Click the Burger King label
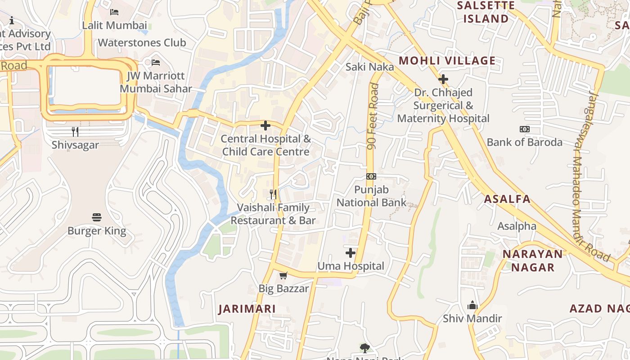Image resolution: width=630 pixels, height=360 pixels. [x=97, y=231]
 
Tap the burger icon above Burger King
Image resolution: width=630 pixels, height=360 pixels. [x=97, y=217]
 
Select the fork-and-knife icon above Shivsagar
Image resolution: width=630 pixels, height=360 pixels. [x=75, y=131]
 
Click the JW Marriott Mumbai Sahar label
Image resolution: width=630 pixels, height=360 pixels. [x=156, y=82]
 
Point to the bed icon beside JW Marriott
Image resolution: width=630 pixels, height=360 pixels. [x=156, y=62]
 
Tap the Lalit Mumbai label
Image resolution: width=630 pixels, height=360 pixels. [x=114, y=25]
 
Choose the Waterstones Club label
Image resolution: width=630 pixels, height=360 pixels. [x=142, y=43]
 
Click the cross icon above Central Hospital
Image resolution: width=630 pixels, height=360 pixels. [x=265, y=126]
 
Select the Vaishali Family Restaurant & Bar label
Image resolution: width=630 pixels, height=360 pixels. [x=273, y=214]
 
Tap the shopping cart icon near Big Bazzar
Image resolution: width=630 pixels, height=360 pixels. [x=283, y=275]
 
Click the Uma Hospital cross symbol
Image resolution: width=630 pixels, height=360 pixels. [x=351, y=253]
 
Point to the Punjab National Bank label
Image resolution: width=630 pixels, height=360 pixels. [x=372, y=196]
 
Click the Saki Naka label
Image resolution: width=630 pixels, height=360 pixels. [x=370, y=67]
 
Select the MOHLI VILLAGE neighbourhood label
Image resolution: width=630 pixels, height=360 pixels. [x=447, y=61]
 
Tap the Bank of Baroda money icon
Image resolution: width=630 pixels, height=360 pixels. [x=524, y=129]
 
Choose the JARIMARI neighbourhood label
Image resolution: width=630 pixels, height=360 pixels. [x=247, y=309]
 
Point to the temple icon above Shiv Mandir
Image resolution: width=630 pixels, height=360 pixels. [x=472, y=306]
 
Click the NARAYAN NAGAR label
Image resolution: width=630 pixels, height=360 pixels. [x=533, y=261]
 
